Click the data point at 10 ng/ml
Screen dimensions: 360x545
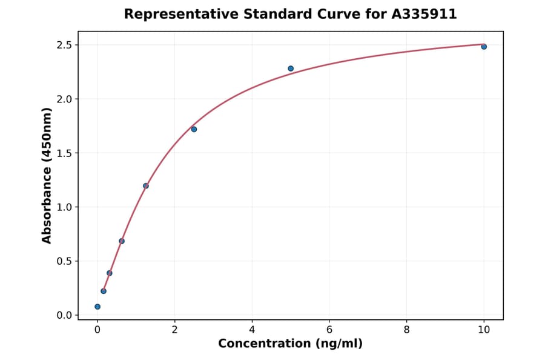click(484, 47)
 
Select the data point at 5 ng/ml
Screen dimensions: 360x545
click(291, 68)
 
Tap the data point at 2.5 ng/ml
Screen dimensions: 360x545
click(194, 129)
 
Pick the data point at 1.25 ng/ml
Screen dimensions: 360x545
click(146, 186)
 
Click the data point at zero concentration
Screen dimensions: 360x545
click(97, 307)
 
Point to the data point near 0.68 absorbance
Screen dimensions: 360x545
click(122, 241)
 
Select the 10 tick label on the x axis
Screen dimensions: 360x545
click(484, 330)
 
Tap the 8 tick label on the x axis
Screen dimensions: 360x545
click(406, 330)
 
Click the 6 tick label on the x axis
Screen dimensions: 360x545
click(329, 330)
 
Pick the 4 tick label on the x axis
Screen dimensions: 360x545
click(252, 330)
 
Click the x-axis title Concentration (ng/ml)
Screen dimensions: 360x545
click(290, 344)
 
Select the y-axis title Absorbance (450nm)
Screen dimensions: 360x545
click(47, 175)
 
